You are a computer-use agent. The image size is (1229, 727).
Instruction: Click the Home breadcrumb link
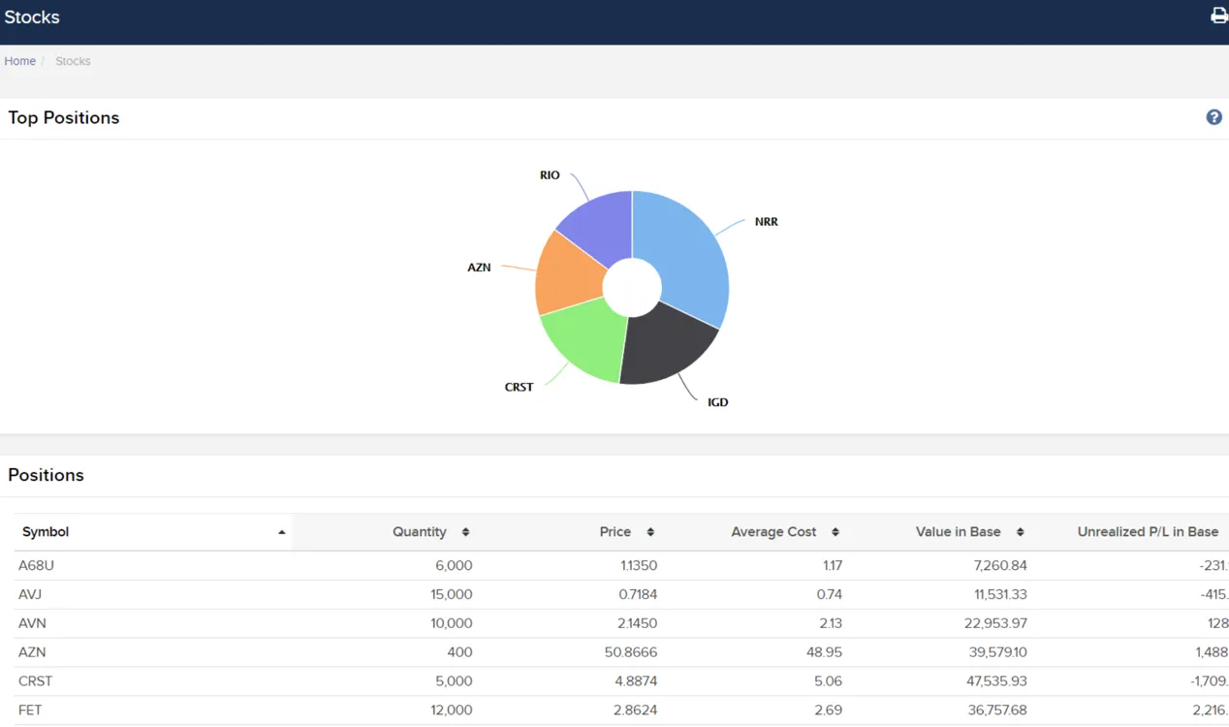pos(19,61)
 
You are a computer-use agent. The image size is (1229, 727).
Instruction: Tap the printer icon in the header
pos(1219,16)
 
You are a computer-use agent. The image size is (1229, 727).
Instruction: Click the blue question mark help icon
pos(1213,117)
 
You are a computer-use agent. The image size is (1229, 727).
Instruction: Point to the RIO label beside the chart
pos(550,175)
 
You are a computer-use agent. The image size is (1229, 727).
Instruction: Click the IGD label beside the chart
pos(717,402)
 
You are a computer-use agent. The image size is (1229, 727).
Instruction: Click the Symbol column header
pos(46,531)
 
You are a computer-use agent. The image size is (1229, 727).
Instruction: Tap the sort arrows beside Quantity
pos(465,531)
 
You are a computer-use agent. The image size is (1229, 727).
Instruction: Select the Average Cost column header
pos(773,531)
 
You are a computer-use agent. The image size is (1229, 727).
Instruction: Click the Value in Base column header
pos(958,531)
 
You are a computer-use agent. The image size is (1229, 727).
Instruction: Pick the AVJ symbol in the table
pos(30,594)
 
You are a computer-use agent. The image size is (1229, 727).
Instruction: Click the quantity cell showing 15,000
pos(451,594)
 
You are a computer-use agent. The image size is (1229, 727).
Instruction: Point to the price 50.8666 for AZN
pos(630,651)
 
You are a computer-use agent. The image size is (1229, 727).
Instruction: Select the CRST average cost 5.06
pos(828,680)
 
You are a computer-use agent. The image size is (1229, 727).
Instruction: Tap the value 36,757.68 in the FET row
pos(997,710)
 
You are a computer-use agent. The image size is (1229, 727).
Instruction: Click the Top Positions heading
pos(64,118)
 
